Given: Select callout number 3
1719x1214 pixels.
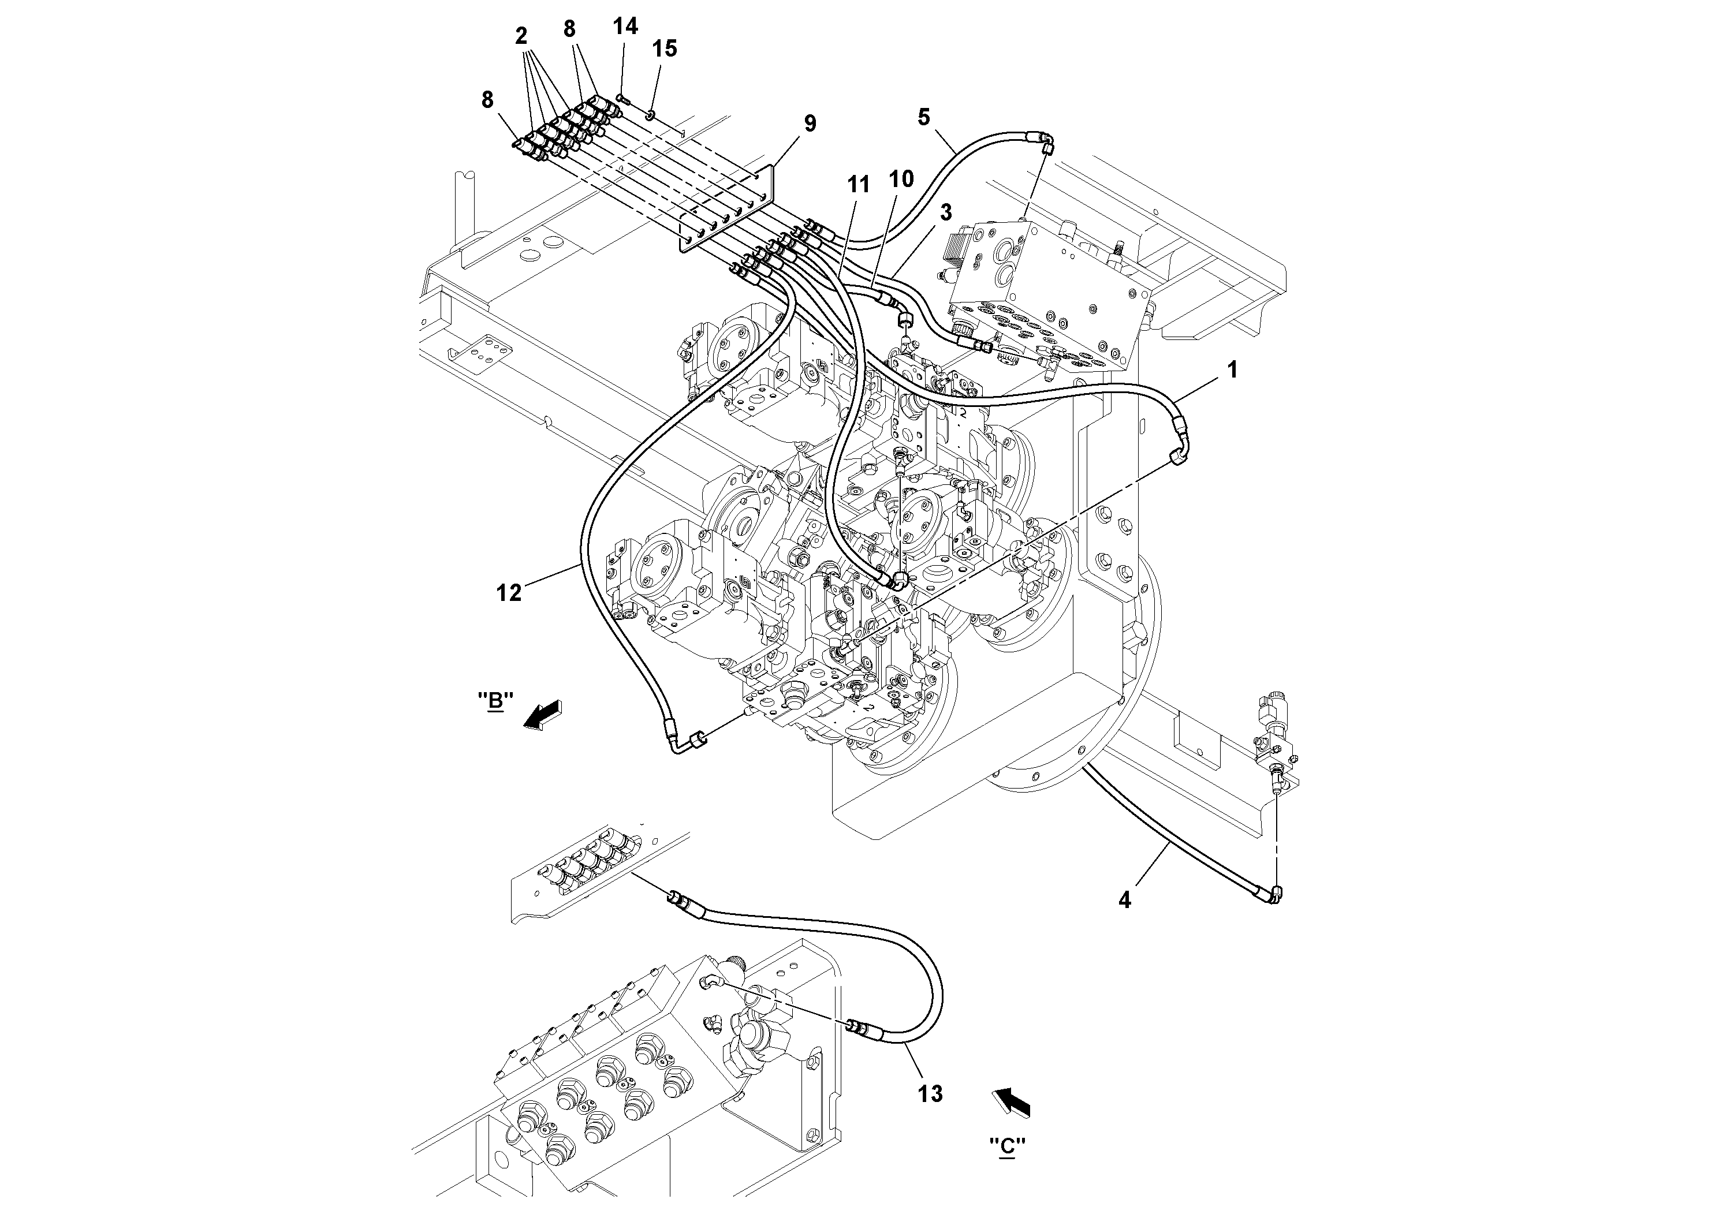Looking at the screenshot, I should [x=946, y=212].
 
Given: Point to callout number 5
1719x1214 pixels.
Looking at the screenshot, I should [x=923, y=117].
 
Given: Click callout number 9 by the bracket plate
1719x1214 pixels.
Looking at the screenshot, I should [x=810, y=124].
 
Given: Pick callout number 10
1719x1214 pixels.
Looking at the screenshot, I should [x=901, y=179].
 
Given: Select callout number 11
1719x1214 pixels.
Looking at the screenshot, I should [x=859, y=184].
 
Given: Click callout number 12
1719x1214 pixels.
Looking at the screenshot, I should [x=509, y=593].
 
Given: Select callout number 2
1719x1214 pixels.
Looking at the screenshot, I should [x=521, y=35].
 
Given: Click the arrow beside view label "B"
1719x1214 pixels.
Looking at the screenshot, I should [x=543, y=715].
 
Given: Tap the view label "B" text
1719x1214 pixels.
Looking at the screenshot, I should [x=495, y=701].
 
